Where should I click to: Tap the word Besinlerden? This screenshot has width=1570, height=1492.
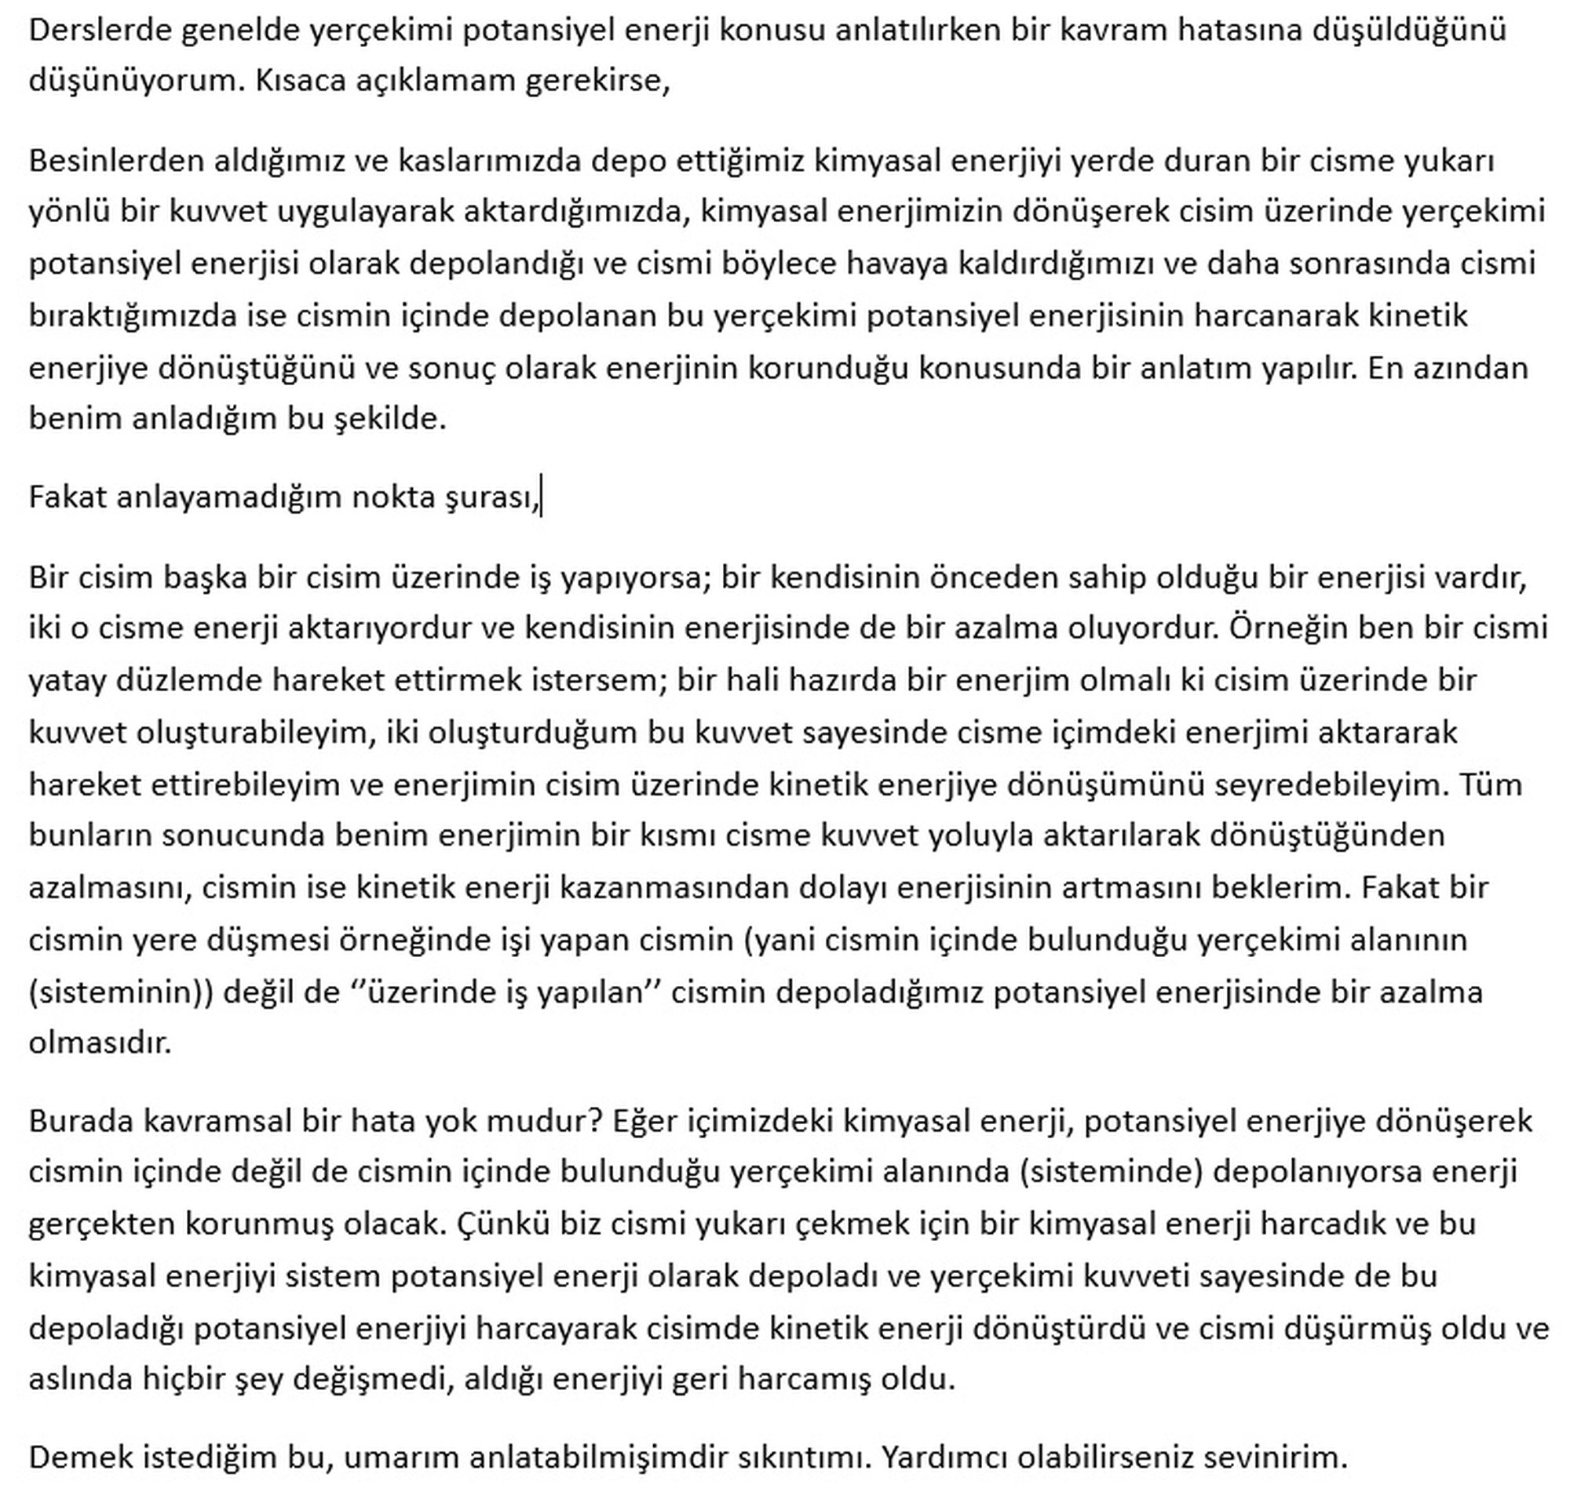tap(115, 161)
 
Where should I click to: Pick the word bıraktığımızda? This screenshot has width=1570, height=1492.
tap(131, 317)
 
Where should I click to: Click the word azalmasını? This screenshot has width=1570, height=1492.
tap(110, 887)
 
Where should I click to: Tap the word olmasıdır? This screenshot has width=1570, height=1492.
tap(100, 1043)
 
